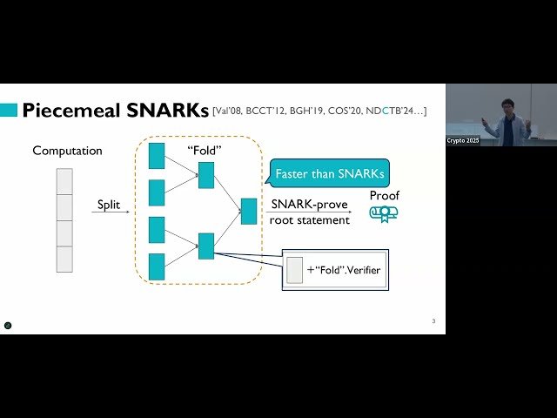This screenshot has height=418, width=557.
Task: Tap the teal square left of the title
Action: pos(8,111)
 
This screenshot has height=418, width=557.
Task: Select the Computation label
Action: pos(67,151)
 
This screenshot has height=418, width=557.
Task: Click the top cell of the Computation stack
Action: pos(64,181)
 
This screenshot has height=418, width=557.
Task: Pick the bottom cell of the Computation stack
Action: pos(64,259)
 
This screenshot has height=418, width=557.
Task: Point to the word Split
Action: pos(110,205)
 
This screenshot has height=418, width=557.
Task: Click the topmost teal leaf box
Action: pos(157,155)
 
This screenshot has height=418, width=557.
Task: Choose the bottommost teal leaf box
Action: pos(157,266)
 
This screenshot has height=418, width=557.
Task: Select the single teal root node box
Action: pos(249,212)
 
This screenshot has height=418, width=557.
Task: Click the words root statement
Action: pos(310,220)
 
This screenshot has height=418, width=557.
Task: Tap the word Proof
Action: pos(384,195)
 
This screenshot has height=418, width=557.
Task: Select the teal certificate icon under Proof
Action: pos(384,213)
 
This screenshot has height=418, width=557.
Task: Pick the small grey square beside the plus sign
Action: pos(294,270)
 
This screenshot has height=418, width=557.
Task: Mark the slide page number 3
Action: pos(433,321)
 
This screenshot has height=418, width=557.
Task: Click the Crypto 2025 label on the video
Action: pos(462,140)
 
